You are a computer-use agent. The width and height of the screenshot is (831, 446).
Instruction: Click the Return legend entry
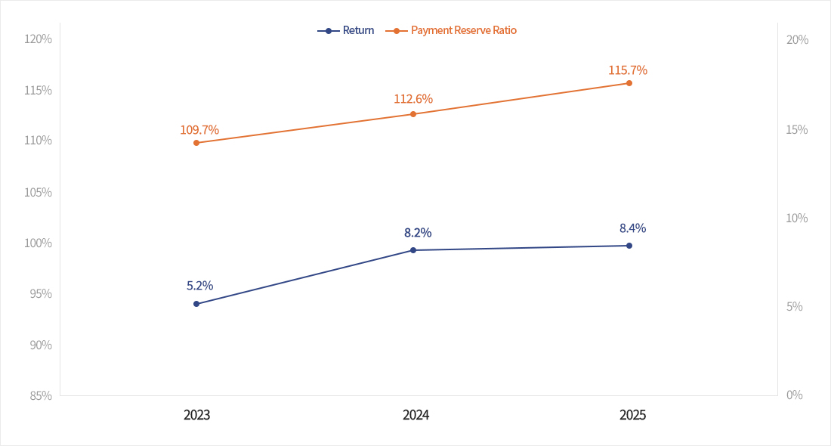pyautogui.click(x=346, y=30)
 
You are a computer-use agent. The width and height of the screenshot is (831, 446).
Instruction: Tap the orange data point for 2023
pyautogui.click(x=196, y=143)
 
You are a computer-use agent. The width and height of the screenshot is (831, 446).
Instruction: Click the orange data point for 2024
pyautogui.click(x=413, y=114)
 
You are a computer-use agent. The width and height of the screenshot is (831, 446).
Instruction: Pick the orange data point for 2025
pyautogui.click(x=629, y=83)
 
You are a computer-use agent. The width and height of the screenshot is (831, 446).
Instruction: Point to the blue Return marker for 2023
pyautogui.click(x=196, y=304)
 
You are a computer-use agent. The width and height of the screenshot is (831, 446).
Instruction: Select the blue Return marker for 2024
pyautogui.click(x=413, y=250)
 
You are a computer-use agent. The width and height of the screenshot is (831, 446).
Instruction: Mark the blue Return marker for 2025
pyautogui.click(x=629, y=246)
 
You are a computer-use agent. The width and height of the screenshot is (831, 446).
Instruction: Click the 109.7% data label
pyautogui.click(x=199, y=130)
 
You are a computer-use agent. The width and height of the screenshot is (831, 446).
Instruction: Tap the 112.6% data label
pyautogui.click(x=413, y=99)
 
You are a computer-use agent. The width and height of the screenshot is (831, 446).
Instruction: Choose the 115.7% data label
pyautogui.click(x=628, y=70)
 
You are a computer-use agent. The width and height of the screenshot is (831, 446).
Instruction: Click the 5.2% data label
pyautogui.click(x=200, y=286)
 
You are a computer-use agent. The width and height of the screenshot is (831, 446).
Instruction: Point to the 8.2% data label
pyautogui.click(x=418, y=233)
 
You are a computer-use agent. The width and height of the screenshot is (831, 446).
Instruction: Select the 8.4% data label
pyautogui.click(x=632, y=228)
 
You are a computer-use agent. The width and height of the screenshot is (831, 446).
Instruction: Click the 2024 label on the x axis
pyautogui.click(x=416, y=415)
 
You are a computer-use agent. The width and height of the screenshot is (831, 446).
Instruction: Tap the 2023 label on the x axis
pyautogui.click(x=197, y=415)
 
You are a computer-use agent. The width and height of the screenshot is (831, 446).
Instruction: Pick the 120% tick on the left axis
pyautogui.click(x=39, y=39)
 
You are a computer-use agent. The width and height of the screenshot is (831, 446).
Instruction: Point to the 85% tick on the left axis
pyautogui.click(x=40, y=395)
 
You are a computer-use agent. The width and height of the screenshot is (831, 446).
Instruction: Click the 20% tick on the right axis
pyautogui.click(x=797, y=40)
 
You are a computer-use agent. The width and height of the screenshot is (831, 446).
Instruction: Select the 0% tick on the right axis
pyautogui.click(x=794, y=395)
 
